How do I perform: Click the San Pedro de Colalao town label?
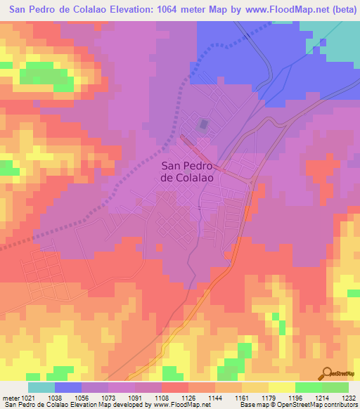[188, 172]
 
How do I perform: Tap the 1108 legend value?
[162, 397]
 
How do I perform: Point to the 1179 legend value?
[269, 397]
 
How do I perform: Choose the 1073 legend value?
[108, 397]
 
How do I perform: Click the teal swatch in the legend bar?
[41, 387]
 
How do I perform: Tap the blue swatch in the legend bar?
[68, 387]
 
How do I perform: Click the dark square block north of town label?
[204, 125]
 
